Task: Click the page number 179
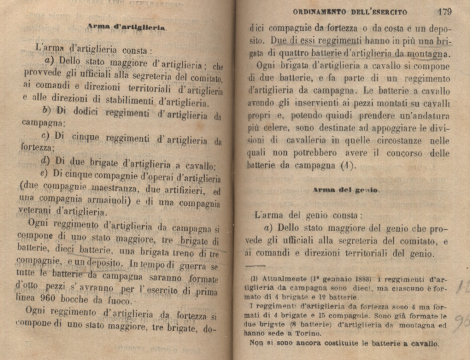coord(442,11)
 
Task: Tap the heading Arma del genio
coord(345,189)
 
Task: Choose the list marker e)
coord(45,174)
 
